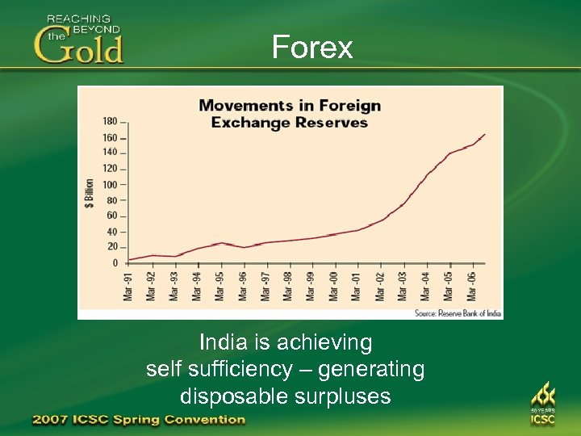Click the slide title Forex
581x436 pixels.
click(x=312, y=48)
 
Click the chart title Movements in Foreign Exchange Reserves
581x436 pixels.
click(x=289, y=114)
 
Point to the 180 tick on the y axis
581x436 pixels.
click(x=110, y=121)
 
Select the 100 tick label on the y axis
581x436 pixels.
click(x=110, y=185)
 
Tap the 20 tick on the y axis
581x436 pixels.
click(x=111, y=247)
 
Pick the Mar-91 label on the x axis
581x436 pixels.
click(x=128, y=286)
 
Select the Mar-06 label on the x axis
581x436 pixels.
click(x=472, y=286)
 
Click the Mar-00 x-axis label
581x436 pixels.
click(x=334, y=286)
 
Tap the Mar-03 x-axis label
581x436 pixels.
click(x=403, y=286)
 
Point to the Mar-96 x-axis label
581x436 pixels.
click(x=243, y=286)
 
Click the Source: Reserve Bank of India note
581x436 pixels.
click(x=458, y=312)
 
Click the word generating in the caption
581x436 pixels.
click(x=371, y=370)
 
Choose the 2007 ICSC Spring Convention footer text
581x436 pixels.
click(x=139, y=420)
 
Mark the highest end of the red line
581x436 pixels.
click(x=485, y=134)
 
